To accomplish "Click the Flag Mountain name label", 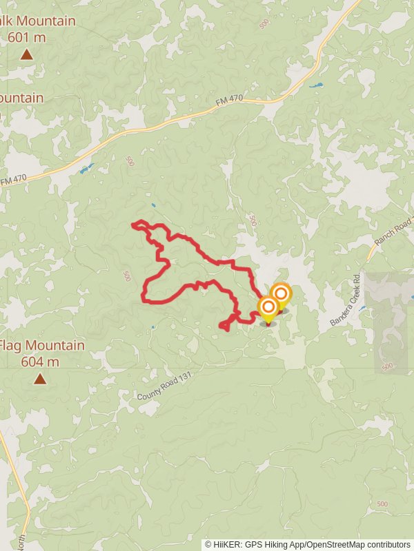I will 43,346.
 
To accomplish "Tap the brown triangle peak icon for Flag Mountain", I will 40,378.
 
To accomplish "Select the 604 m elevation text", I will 40,362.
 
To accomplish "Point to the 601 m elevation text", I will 27,37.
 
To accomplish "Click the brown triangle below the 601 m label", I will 26,54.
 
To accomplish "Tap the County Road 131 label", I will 163,387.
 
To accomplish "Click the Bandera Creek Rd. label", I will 346,301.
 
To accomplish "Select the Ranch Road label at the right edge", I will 393,232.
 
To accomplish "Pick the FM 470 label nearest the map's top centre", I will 229,101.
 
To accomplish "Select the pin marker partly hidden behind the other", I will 282,294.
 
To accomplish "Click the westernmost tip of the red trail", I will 132,224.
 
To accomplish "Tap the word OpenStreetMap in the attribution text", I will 335,544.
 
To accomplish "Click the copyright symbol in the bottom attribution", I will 208,544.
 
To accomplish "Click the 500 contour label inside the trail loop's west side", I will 126,275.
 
